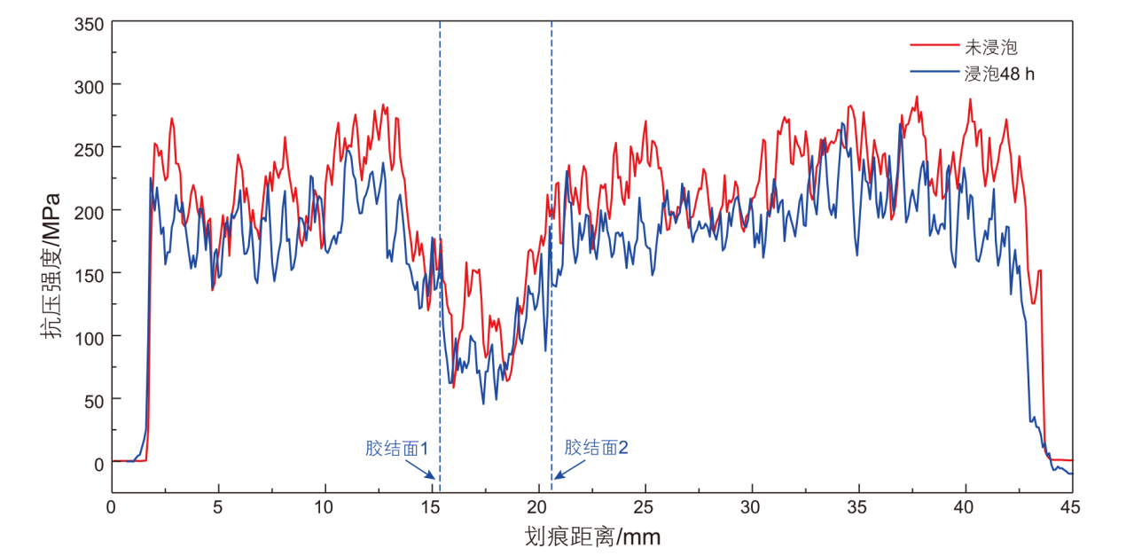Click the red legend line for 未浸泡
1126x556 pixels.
tap(934, 46)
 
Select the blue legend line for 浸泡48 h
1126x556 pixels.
tap(934, 74)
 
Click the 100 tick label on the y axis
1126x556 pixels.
tap(91, 337)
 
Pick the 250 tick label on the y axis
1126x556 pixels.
tap(91, 147)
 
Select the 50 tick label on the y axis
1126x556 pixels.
tap(95, 400)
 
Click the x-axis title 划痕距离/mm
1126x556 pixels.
tap(592, 536)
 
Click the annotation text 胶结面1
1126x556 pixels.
tap(396, 449)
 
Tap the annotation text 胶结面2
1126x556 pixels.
tap(596, 448)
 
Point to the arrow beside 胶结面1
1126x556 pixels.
tap(430, 476)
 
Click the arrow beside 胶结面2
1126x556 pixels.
tap(562, 474)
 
